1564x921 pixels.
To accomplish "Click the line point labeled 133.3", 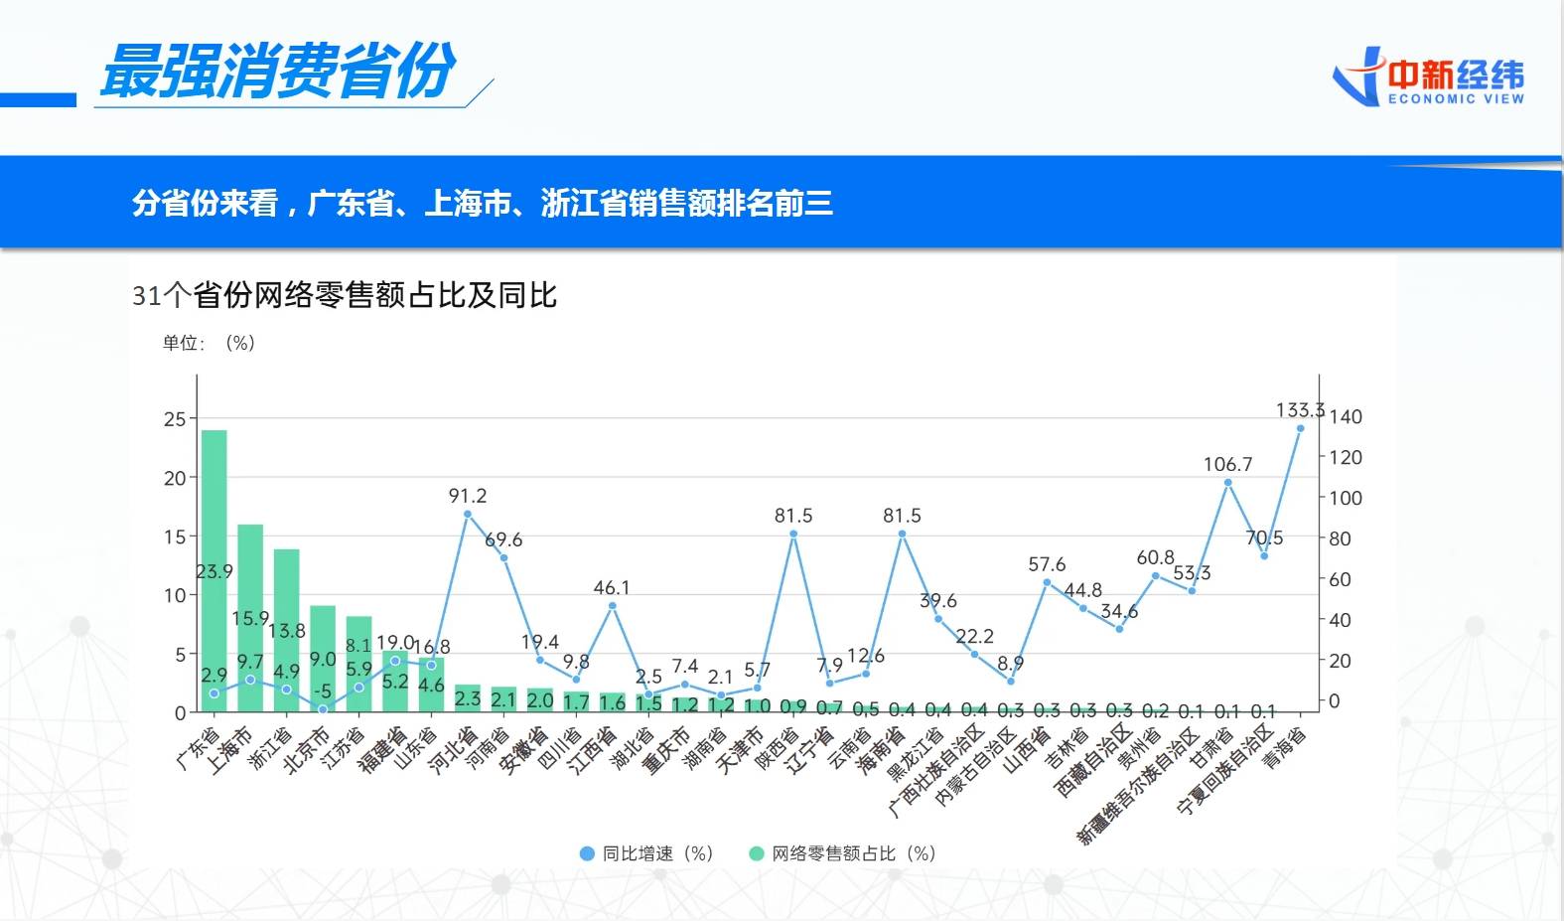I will click(x=1300, y=428).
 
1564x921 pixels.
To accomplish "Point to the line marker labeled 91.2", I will click(x=468, y=514).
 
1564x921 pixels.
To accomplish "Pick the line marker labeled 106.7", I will click(x=1227, y=483).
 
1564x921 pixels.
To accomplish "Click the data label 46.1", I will click(x=612, y=588).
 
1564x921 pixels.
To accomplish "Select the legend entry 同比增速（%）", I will click(x=646, y=853).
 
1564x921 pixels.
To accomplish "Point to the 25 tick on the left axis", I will click(x=175, y=419).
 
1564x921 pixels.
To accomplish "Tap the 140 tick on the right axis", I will click(x=1346, y=417).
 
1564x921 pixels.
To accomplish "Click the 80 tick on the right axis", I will click(x=1340, y=538).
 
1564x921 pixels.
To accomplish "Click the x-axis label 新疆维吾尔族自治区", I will click(x=1139, y=789).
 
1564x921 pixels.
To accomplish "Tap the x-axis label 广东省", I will click(x=197, y=749).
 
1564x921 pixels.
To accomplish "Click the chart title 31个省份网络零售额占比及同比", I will click(x=345, y=295).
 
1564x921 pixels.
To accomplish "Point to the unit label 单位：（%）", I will click(x=210, y=343).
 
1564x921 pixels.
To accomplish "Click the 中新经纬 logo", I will click(x=1429, y=77).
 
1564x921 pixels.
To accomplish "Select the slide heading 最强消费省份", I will click(x=278, y=72).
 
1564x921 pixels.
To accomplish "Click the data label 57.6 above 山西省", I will click(x=1047, y=564).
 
